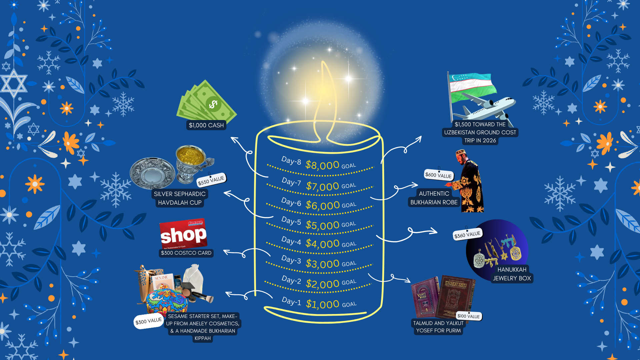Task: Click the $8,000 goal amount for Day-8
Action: pyautogui.click(x=322, y=165)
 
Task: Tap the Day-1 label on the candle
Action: pyautogui.click(x=291, y=301)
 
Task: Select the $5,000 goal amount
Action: pyautogui.click(x=322, y=225)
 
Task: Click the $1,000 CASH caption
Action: pyautogui.click(x=206, y=125)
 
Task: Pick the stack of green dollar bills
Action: pyautogui.click(x=207, y=102)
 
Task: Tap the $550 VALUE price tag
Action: pyautogui.click(x=211, y=180)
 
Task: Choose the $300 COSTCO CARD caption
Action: pyautogui.click(x=186, y=253)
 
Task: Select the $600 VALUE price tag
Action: pyautogui.click(x=438, y=175)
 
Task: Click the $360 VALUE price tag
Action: pyautogui.click(x=467, y=235)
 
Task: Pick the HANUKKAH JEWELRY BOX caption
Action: pyautogui.click(x=512, y=274)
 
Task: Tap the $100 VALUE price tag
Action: pyautogui.click(x=468, y=316)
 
